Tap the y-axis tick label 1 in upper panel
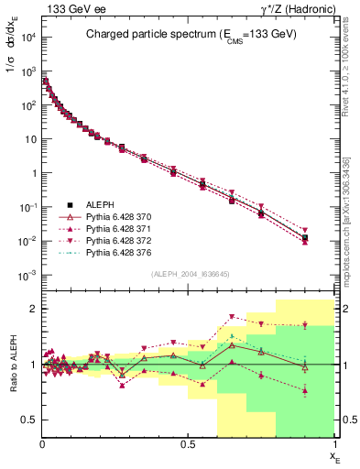point(33,173)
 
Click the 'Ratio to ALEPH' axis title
point(10,365)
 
